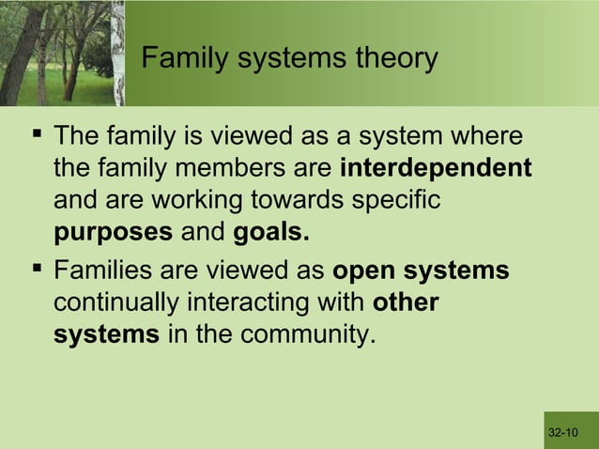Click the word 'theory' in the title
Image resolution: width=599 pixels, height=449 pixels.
(x=392, y=59)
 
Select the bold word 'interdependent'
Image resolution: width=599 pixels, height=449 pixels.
(x=435, y=169)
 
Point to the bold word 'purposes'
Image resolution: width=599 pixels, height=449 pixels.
(x=113, y=232)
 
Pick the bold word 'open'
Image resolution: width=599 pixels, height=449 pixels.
(x=365, y=271)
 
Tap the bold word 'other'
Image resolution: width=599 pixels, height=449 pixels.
(x=406, y=303)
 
